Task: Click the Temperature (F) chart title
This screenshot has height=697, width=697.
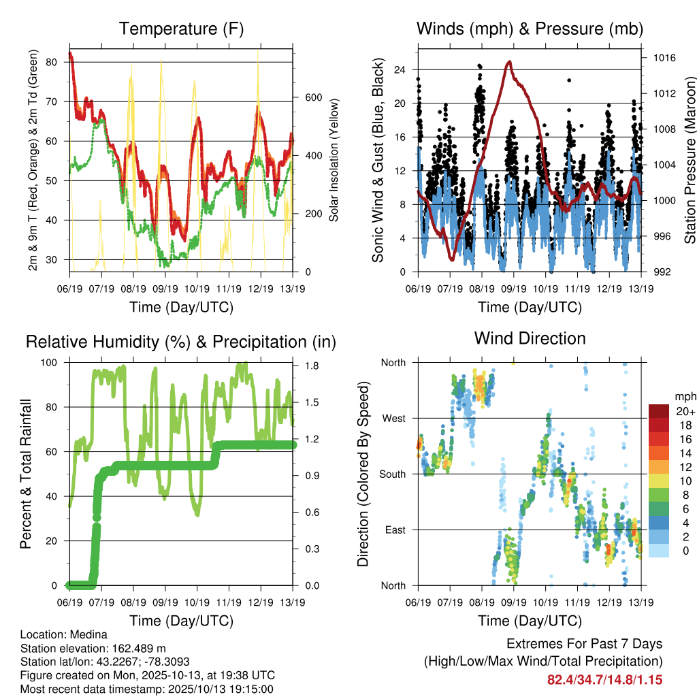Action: pyautogui.click(x=181, y=29)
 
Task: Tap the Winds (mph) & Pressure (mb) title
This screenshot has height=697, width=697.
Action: pyautogui.click(x=530, y=29)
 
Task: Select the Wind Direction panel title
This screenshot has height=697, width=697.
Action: pyautogui.click(x=530, y=338)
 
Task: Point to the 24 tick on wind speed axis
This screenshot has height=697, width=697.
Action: pyautogui.click(x=400, y=69)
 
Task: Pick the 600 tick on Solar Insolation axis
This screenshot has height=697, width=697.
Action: pyautogui.click(x=313, y=97)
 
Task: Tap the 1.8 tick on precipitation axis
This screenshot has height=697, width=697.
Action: pyautogui.click(x=313, y=366)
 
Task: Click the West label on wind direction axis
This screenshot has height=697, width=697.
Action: pyautogui.click(x=393, y=418)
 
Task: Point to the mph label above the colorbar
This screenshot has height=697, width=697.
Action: pyautogui.click(x=685, y=396)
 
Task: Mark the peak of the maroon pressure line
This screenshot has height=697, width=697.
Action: pyautogui.click(x=509, y=62)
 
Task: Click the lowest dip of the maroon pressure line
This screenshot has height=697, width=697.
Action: pyautogui.click(x=451, y=259)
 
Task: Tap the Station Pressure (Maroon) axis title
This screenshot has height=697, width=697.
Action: pyautogui.click(x=689, y=160)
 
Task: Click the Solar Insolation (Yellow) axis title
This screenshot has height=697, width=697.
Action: pyautogui.click(x=334, y=160)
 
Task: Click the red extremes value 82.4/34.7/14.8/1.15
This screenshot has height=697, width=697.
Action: pyautogui.click(x=604, y=679)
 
